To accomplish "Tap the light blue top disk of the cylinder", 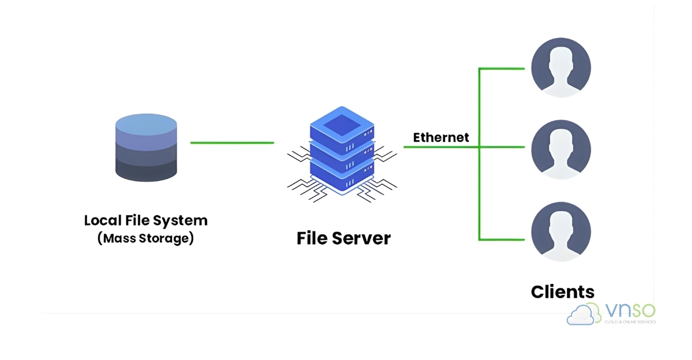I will coord(146,124).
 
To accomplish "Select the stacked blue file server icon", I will coord(342,151).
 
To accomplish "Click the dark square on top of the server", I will coord(342,124).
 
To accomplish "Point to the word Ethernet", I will coord(441,137).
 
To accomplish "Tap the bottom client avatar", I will coord(561,231).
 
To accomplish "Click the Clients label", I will coord(562,291).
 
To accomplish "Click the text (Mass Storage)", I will coord(146,238).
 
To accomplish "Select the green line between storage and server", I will coord(232,142).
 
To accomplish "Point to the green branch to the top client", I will coord(502,69).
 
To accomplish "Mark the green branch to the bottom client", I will coord(502,239).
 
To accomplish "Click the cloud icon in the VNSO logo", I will coord(585,314).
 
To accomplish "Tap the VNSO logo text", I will coord(630,310).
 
